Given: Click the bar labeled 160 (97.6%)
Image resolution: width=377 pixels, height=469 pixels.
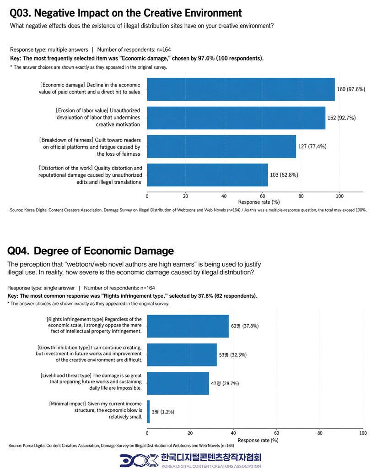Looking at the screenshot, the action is [x=241, y=89].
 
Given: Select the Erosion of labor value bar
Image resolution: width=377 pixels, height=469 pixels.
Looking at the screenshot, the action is [x=236, y=118].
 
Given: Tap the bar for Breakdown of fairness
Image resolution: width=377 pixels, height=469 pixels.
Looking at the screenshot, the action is [x=221, y=146].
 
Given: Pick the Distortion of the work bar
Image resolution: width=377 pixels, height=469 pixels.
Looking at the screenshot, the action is [x=207, y=175].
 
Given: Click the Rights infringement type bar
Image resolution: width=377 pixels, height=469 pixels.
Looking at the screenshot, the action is [x=188, y=326].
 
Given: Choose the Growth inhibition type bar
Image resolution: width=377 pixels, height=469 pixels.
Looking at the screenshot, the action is [x=182, y=355].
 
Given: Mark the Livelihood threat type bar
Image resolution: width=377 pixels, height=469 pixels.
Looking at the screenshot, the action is [x=178, y=383].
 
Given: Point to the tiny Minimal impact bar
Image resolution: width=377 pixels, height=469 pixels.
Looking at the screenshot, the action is [x=148, y=412].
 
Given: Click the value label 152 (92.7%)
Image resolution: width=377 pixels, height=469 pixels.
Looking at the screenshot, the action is [x=341, y=118].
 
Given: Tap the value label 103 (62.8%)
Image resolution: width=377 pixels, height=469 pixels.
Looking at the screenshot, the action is [x=284, y=175].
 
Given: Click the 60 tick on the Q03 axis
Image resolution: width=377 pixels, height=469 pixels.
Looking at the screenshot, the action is [x=262, y=196].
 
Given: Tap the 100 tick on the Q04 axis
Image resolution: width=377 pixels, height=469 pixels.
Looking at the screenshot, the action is [x=363, y=433].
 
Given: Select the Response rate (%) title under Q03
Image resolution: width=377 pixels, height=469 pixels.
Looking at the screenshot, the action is [x=259, y=202].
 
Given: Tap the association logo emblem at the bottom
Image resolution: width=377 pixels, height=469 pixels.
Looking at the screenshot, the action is [x=139, y=460].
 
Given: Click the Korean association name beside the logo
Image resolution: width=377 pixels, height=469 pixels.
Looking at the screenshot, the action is [x=211, y=458].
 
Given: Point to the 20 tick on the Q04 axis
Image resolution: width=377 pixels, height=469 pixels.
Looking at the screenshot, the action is [x=190, y=433].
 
